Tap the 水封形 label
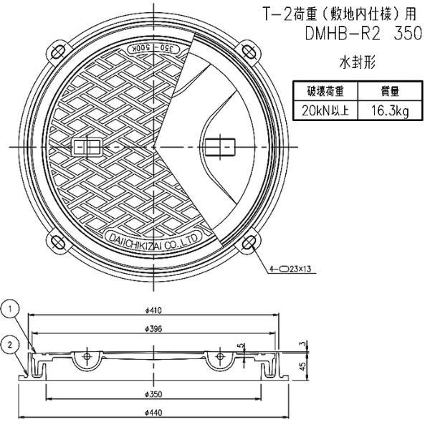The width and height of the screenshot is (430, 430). point(356,62)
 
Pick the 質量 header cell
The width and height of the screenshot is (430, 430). point(385,92)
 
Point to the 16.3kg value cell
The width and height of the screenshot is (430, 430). point(385,110)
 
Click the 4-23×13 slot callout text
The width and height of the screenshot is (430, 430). point(296,270)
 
